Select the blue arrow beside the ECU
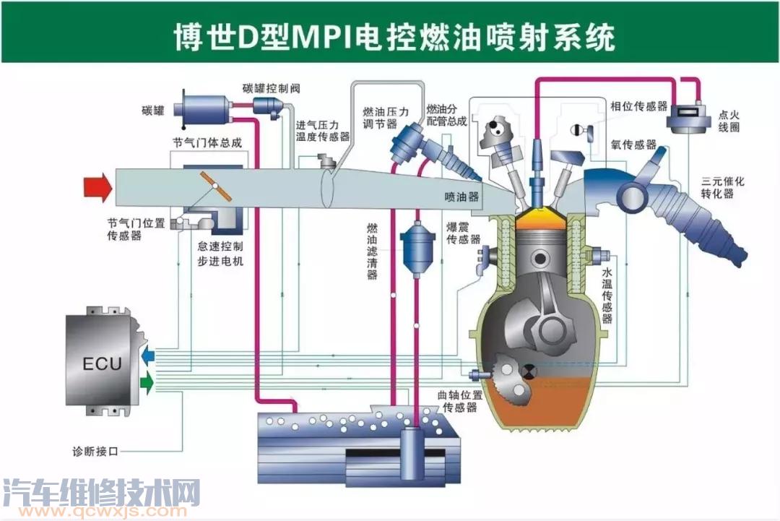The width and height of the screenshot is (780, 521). tap(147, 355)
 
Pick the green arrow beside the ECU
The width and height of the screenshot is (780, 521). tap(147, 383)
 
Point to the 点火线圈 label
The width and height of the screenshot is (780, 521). tap(729, 120)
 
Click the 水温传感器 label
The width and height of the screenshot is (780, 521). tap(607, 296)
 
